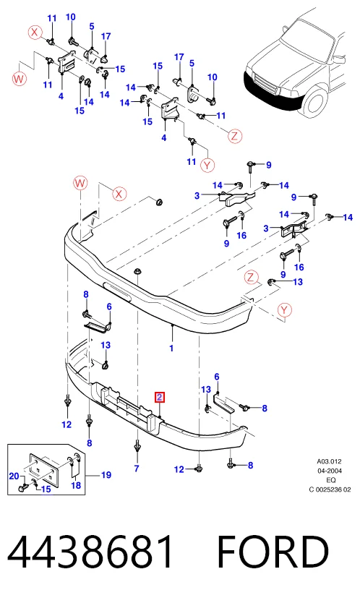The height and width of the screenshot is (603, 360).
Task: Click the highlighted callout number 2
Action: point(160,398)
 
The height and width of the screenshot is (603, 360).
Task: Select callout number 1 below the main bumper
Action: point(171,348)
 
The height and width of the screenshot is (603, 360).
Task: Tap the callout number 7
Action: point(137,469)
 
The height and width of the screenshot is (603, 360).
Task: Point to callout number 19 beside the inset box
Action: point(106,475)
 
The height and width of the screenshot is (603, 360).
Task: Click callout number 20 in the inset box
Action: point(14,476)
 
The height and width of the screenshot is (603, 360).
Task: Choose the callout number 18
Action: point(76,485)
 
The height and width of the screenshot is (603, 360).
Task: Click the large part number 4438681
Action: point(91,552)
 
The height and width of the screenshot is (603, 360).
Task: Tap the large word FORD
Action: point(273,552)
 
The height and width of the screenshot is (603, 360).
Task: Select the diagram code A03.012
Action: point(329,461)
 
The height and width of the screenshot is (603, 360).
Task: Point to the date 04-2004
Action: point(330,471)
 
